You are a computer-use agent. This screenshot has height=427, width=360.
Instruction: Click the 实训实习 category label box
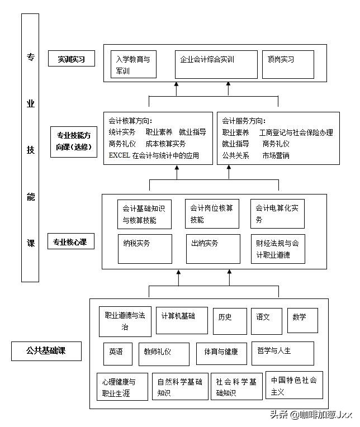[70, 59]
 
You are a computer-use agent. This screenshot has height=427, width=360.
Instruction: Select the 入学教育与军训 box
[134, 65]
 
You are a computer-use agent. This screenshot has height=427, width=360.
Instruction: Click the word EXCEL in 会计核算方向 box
[119, 156]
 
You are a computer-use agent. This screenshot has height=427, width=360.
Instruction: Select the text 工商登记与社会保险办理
[296, 132]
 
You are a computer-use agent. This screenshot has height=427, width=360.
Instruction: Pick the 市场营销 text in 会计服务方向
[276, 156]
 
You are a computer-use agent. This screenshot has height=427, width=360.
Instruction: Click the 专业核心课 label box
[70, 242]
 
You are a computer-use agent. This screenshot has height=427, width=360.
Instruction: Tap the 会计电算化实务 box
[277, 214]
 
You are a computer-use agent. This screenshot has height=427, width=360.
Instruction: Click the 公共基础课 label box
[46, 350]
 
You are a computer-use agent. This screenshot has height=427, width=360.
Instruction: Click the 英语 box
[117, 353]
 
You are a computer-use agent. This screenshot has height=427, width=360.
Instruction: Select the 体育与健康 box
[221, 353]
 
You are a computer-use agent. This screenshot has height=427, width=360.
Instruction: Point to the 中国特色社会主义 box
[294, 386]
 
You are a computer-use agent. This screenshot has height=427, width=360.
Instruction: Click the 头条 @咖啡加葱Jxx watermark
[311, 414]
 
